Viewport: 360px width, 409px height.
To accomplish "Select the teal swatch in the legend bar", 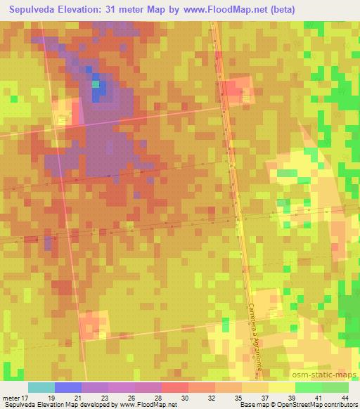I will pos(41,387).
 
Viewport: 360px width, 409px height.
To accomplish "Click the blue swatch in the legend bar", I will pos(68,387).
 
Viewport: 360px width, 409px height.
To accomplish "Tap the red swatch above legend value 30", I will pos(175,387).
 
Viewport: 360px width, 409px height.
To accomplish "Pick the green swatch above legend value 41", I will pos(309,387).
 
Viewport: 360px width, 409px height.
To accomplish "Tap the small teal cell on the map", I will pos(96,84).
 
